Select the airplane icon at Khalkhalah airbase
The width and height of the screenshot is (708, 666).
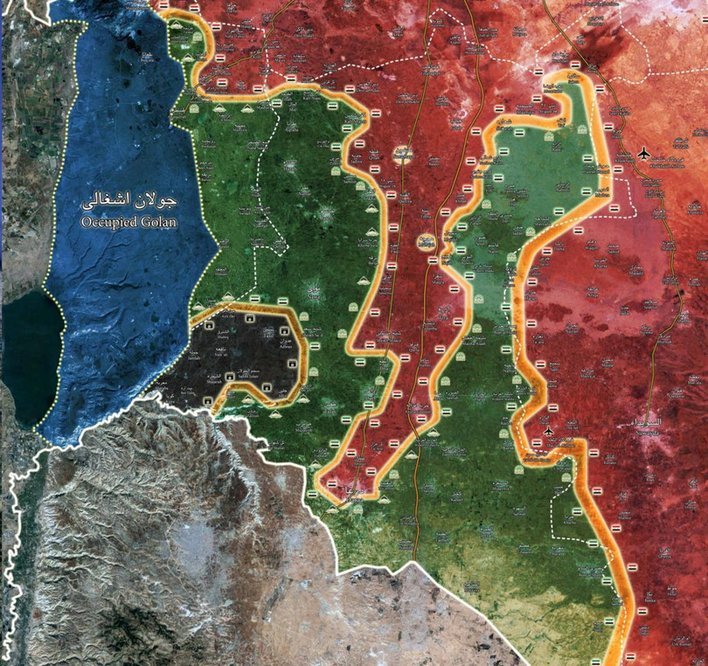pos(645,152)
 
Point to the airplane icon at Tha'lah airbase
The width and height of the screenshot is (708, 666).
pos(548,431)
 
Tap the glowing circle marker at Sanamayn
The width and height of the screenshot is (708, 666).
pos(402,155)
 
